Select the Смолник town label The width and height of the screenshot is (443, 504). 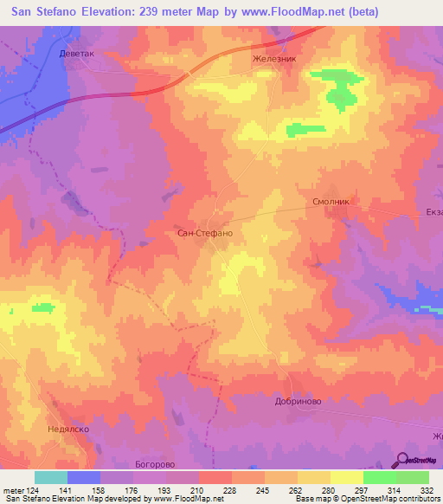[330, 201]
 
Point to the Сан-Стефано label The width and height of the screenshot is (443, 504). [205, 234]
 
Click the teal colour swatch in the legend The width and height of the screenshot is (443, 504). [51, 477]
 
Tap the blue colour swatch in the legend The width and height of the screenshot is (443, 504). [84, 477]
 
